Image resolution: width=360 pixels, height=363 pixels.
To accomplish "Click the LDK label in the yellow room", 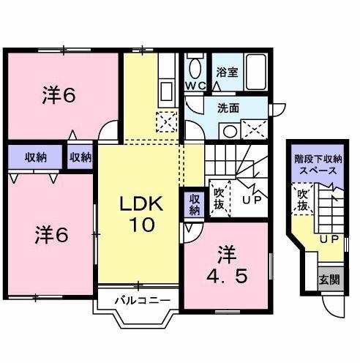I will tap(140, 203).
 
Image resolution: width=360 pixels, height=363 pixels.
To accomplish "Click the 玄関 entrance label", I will tap(327, 279).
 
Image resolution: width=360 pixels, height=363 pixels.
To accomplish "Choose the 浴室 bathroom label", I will tap(227, 72).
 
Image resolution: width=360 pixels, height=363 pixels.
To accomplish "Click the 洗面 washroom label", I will tap(228, 108).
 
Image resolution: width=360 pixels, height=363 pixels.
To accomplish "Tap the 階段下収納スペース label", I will tap(315, 163).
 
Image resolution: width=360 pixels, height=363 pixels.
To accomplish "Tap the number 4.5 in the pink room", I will tap(225, 279).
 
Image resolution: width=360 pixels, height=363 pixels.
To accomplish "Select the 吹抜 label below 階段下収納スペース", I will tap(301, 200).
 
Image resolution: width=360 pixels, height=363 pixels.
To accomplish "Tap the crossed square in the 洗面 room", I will tap(255, 130).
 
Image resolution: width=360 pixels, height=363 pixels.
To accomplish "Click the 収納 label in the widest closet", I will tap(35, 157).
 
